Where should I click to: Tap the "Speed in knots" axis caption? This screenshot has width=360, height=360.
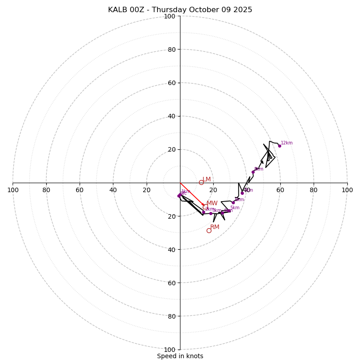pyautogui.click(x=180, y=356)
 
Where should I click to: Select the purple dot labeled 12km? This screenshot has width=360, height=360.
pyautogui.click(x=279, y=146)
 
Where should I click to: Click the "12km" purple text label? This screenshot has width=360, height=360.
pyautogui.click(x=287, y=143)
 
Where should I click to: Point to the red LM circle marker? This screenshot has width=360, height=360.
pyautogui.click(x=201, y=182)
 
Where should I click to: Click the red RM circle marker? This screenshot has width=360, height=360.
pyautogui.click(x=209, y=230)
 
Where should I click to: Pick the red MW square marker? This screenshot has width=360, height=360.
pyautogui.click(x=205, y=207)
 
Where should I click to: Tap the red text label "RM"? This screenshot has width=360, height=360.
pyautogui.click(x=215, y=227)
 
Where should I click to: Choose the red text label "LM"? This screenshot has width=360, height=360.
pyautogui.click(x=207, y=179)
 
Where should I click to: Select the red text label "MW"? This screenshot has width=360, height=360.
pyautogui.click(x=212, y=203)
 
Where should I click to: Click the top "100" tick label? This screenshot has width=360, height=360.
pyautogui.click(x=170, y=17)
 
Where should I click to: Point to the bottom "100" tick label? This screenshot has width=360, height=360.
pyautogui.click(x=170, y=350)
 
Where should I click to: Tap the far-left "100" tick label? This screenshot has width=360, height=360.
pyautogui.click(x=13, y=190)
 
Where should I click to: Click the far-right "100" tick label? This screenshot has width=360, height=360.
pyautogui.click(x=347, y=190)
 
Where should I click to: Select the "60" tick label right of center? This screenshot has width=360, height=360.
pyautogui.click(x=280, y=190)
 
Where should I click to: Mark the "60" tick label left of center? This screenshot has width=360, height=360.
pyautogui.click(x=80, y=190)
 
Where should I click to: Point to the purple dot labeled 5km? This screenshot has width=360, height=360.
pyautogui.click(x=229, y=211)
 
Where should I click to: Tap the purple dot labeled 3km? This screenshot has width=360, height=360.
pyautogui.click(x=211, y=213)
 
